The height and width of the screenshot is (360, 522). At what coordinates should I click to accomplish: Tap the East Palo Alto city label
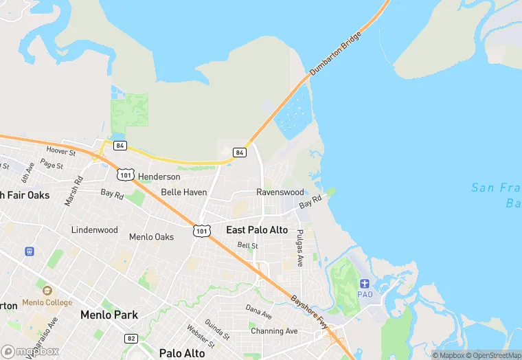click(257, 230)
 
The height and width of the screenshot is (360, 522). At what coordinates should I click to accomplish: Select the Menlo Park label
click(109, 315)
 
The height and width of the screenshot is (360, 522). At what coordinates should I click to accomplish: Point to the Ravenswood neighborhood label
click(280, 192)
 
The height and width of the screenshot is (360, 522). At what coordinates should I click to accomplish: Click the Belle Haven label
click(183, 192)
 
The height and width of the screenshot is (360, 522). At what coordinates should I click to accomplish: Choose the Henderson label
click(159, 177)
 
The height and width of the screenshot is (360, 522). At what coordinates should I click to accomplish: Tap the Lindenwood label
click(95, 230)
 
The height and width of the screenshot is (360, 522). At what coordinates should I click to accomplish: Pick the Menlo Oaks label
click(151, 237)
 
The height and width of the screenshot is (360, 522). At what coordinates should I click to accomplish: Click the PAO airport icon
click(365, 283)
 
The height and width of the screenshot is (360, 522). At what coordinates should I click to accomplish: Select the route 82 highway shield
click(131, 338)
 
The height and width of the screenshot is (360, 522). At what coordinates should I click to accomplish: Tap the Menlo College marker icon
click(46, 291)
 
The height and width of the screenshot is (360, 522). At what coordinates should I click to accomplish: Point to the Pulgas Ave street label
click(299, 249)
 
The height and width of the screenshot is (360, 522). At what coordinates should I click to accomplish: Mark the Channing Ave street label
click(274, 331)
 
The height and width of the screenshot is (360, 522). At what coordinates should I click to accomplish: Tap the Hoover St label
click(60, 150)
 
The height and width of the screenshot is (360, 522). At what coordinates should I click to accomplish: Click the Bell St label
click(247, 245)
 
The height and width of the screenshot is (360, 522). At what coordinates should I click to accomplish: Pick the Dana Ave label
click(258, 313)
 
